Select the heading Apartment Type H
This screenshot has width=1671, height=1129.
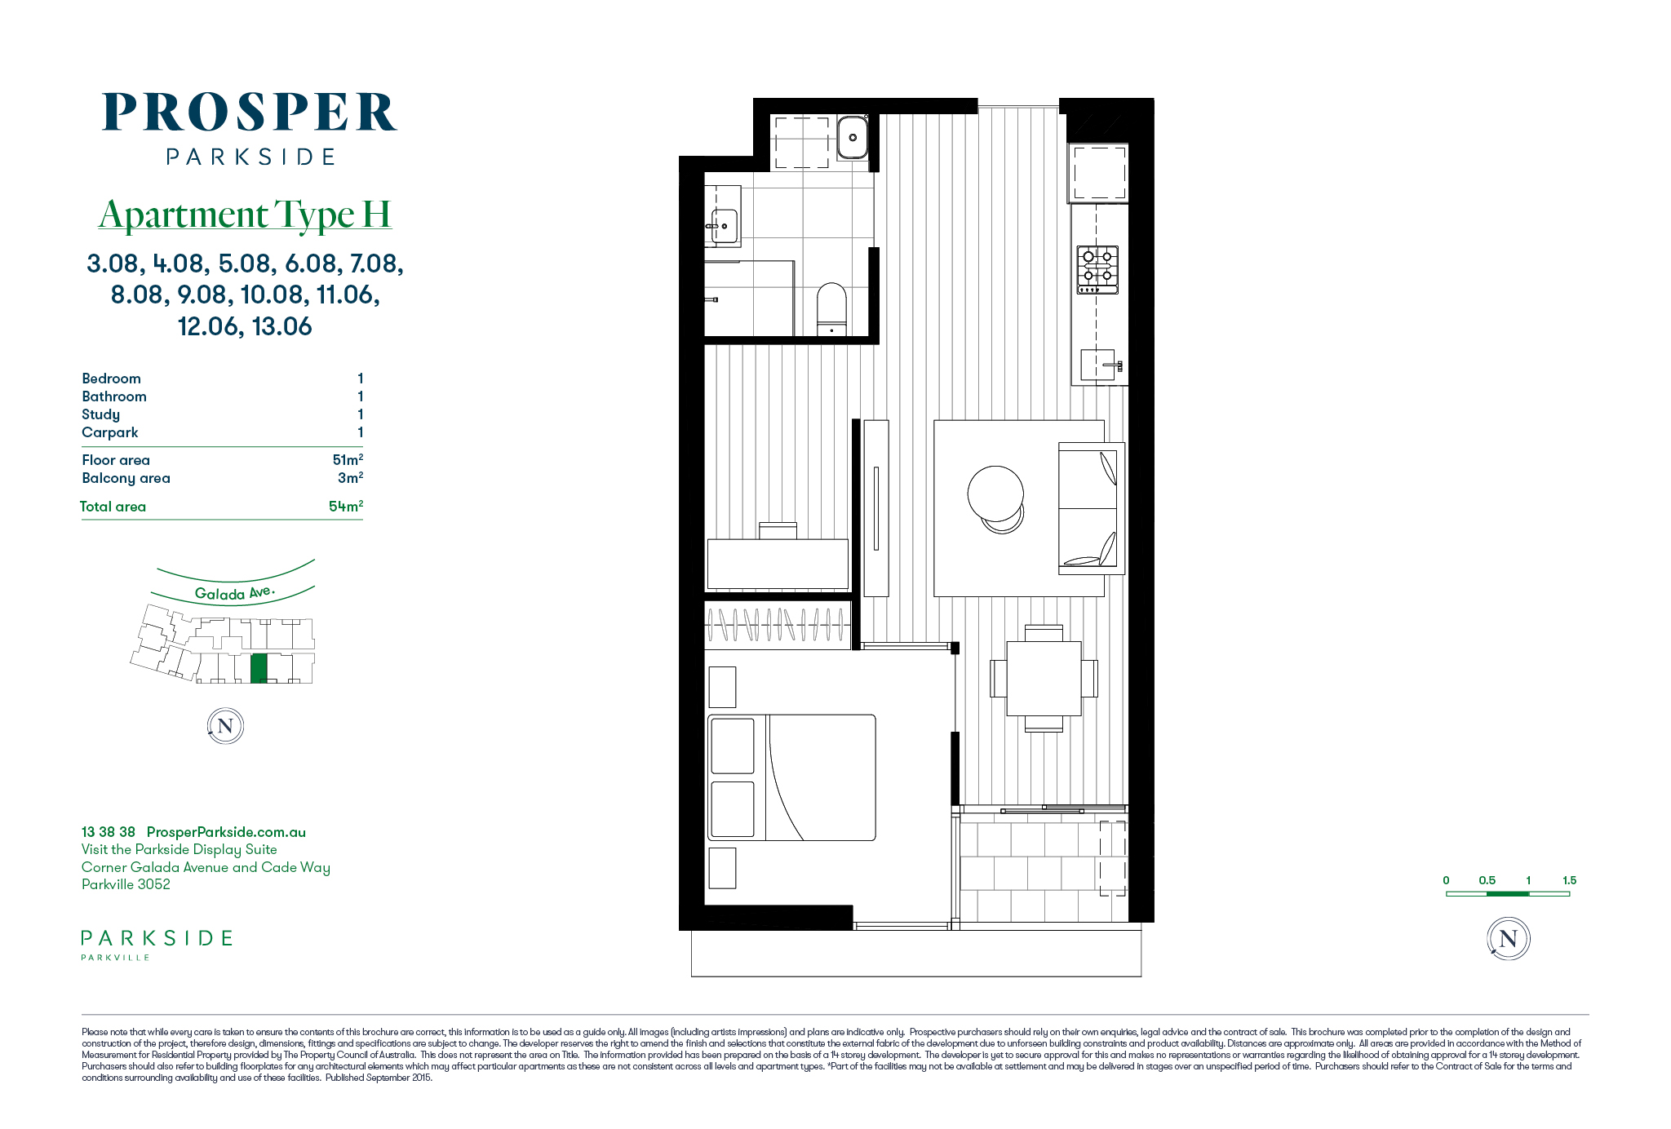pos(245,215)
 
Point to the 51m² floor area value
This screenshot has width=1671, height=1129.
pos(348,459)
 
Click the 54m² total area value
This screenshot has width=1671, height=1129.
pos(346,506)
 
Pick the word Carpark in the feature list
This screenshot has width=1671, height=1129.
pos(110,432)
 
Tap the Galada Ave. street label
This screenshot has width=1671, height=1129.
pos(235,592)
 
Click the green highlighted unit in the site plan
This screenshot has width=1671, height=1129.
pos(259,668)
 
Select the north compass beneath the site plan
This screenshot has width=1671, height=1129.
pos(225,726)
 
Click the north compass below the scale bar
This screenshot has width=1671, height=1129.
pos(1508,938)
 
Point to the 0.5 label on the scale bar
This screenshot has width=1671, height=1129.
pos(1487,880)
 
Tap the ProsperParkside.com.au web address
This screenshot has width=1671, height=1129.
pos(226,832)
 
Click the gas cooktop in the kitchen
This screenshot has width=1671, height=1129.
pos(1097,270)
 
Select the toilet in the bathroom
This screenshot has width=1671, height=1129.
pos(832,309)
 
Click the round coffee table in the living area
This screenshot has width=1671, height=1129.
pos(995,494)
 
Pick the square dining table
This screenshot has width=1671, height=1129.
pos(1044,679)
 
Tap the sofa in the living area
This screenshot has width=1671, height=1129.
pos(1092,508)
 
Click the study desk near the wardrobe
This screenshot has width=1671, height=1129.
pos(778,563)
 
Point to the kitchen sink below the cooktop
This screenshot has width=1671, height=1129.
pos(1098,365)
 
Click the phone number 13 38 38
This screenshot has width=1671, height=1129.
pos(109,832)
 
